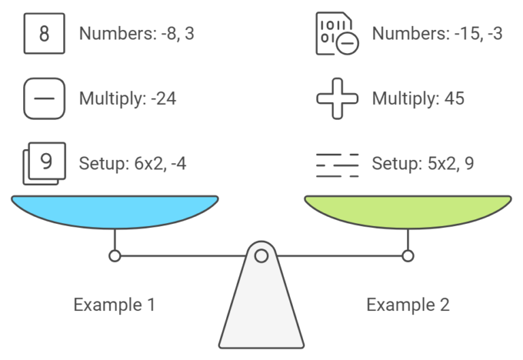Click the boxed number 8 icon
44,33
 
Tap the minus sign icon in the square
44,99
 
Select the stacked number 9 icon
44,163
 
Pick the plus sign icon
337,99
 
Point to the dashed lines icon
337,164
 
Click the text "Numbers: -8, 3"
136,33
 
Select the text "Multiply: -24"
127,99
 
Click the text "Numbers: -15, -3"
437,33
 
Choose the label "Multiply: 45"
417,99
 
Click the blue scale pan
114,211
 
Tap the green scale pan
407,211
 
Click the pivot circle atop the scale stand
261,256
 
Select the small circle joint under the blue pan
114,256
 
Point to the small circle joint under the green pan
407,256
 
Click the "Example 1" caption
114,304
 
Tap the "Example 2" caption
407,304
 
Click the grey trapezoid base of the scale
261,313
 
